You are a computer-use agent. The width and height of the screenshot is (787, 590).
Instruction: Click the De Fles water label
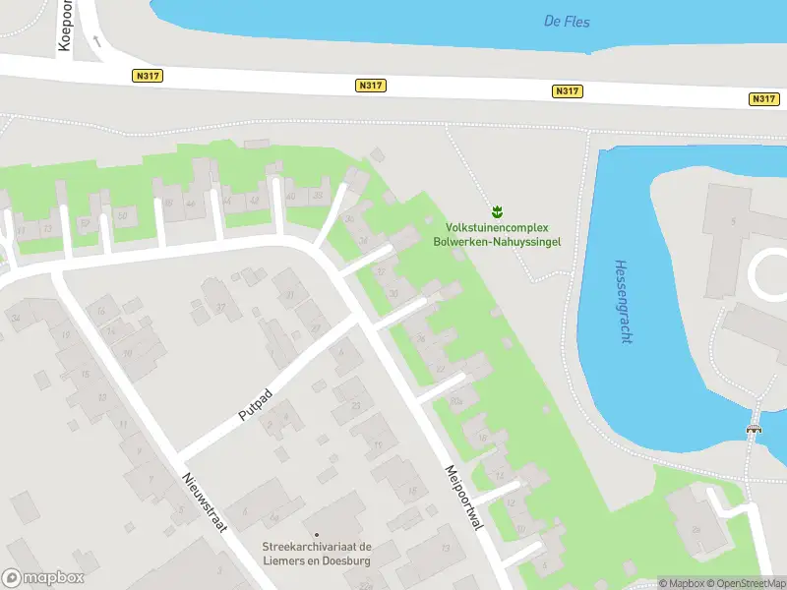pos(567,21)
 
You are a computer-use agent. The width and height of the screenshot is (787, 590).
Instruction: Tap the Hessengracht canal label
pos(622,301)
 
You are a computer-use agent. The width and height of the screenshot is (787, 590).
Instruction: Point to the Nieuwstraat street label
pos(205,501)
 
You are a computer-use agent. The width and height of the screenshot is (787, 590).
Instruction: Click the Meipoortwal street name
pos(464,499)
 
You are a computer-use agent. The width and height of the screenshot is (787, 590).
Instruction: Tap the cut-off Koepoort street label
pos(67,25)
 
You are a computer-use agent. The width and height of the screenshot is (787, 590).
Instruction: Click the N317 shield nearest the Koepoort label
pos(147,76)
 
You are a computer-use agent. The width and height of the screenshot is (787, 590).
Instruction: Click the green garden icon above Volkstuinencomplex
pos(497,211)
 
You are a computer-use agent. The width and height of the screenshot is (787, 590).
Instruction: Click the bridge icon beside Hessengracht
pos(755,428)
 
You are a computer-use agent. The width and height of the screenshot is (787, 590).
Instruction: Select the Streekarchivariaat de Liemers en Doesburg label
pos(316,553)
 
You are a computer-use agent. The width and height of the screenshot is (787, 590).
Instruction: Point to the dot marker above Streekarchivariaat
pos(316,535)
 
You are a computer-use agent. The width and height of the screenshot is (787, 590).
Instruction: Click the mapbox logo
pos(43,578)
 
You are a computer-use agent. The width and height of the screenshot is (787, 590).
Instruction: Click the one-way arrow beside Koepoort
pos(96,41)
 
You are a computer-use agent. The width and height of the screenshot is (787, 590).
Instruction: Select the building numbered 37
pos(220,308)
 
